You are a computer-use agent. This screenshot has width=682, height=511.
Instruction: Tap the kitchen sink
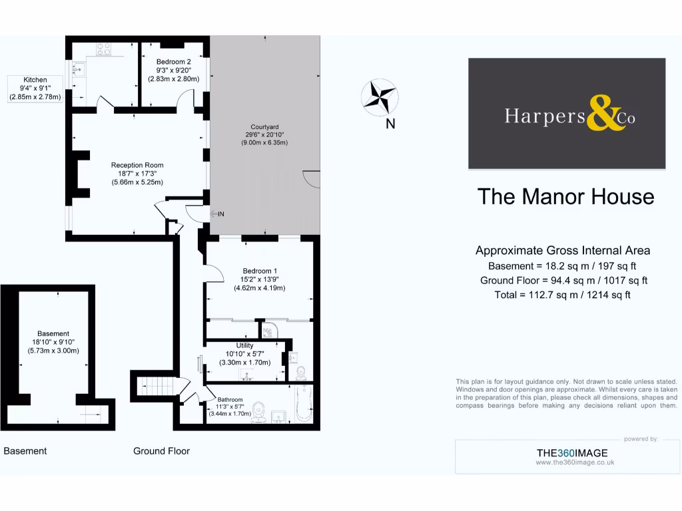click(79, 69)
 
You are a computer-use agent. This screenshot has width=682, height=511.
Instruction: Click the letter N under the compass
click(390, 123)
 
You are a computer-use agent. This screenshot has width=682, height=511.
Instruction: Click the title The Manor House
click(566, 197)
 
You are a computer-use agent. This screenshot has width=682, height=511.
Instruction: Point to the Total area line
click(563, 295)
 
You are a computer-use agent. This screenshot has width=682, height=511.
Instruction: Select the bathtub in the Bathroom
click(304, 403)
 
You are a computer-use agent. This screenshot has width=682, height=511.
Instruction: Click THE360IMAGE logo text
click(572, 453)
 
